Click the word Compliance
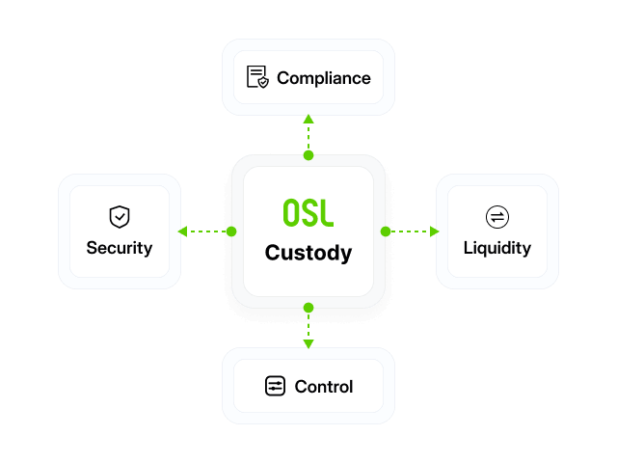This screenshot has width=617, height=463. [x=324, y=78]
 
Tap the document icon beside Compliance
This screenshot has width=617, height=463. [x=257, y=77]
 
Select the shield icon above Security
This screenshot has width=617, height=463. [x=120, y=216]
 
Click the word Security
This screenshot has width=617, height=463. [x=120, y=249]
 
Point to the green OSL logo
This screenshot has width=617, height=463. [x=308, y=212]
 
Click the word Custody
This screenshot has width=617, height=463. [x=308, y=253]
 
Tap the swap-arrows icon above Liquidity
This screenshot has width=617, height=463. [x=497, y=217]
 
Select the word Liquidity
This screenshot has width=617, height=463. [x=497, y=249]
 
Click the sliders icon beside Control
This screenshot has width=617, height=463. [x=275, y=386]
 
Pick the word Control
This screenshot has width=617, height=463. [x=324, y=387]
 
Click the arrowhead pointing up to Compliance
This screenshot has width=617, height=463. [x=308, y=119]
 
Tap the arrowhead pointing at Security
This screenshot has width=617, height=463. [x=182, y=231]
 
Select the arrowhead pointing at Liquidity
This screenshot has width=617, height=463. [x=435, y=231]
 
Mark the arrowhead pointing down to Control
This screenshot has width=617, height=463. [x=308, y=344]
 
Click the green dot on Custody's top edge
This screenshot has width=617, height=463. [x=308, y=155]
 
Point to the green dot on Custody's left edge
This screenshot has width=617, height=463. [x=231, y=231]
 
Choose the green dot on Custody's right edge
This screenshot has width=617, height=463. [x=386, y=231]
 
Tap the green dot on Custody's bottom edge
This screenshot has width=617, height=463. [x=308, y=308]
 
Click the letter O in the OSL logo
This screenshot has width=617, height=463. [x=291, y=212]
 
